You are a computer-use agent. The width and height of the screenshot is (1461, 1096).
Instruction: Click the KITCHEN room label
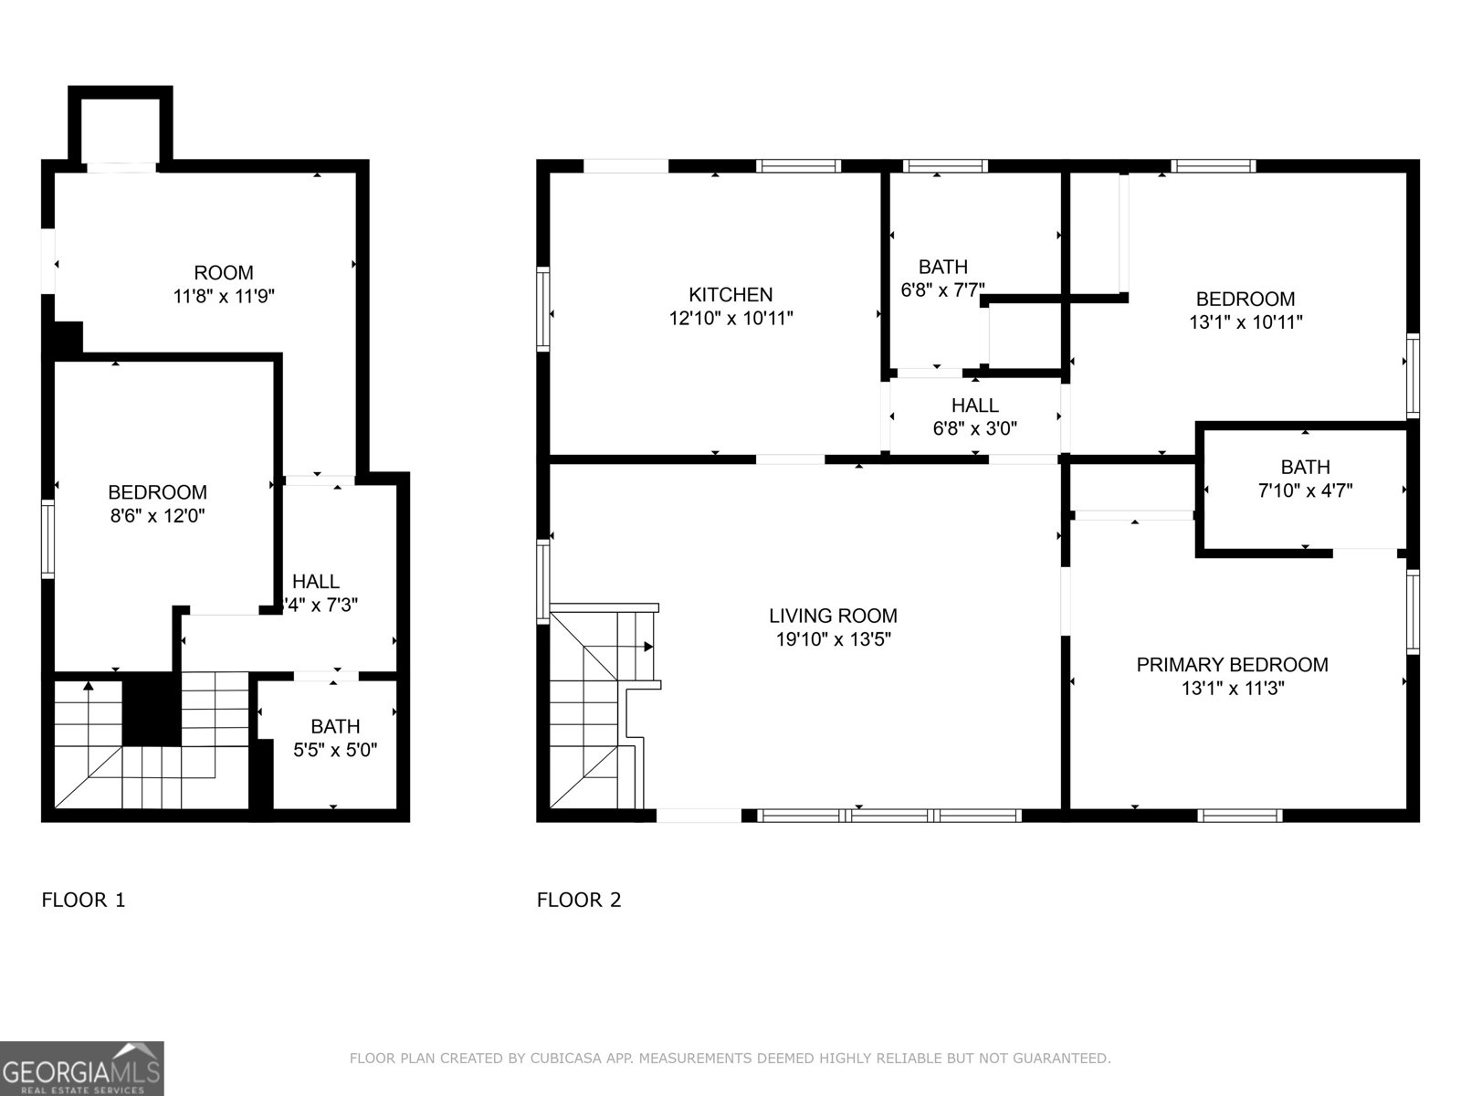[730, 294]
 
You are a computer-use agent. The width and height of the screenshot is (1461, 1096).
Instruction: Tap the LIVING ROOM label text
[833, 616]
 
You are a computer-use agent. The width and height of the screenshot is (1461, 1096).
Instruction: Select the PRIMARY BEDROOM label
[1232, 665]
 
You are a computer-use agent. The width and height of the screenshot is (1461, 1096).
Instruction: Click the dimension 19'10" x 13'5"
[833, 639]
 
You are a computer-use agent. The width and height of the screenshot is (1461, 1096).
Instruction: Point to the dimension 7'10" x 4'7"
[1305, 490]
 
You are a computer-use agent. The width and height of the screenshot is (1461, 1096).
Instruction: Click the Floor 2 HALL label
[974, 405]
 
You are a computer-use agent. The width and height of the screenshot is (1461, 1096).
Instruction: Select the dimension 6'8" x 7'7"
[942, 290]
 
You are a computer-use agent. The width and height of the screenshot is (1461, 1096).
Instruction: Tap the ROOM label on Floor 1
[224, 272]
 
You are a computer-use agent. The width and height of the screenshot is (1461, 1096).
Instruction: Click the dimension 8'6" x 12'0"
[157, 516]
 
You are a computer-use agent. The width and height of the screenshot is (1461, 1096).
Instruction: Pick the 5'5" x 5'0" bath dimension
[335, 751]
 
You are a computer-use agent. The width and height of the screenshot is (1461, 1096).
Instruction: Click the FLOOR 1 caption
[83, 900]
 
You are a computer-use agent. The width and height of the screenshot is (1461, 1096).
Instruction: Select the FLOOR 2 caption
[578, 900]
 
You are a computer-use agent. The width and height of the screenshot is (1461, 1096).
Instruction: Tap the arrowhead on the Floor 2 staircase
[648, 647]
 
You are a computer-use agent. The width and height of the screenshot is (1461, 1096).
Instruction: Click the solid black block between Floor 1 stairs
[151, 710]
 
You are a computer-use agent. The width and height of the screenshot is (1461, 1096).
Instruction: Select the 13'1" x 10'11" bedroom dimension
[1246, 322]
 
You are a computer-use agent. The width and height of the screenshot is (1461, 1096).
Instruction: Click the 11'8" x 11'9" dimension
[224, 296]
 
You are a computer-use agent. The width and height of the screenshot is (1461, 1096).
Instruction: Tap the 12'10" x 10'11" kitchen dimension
[730, 319]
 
